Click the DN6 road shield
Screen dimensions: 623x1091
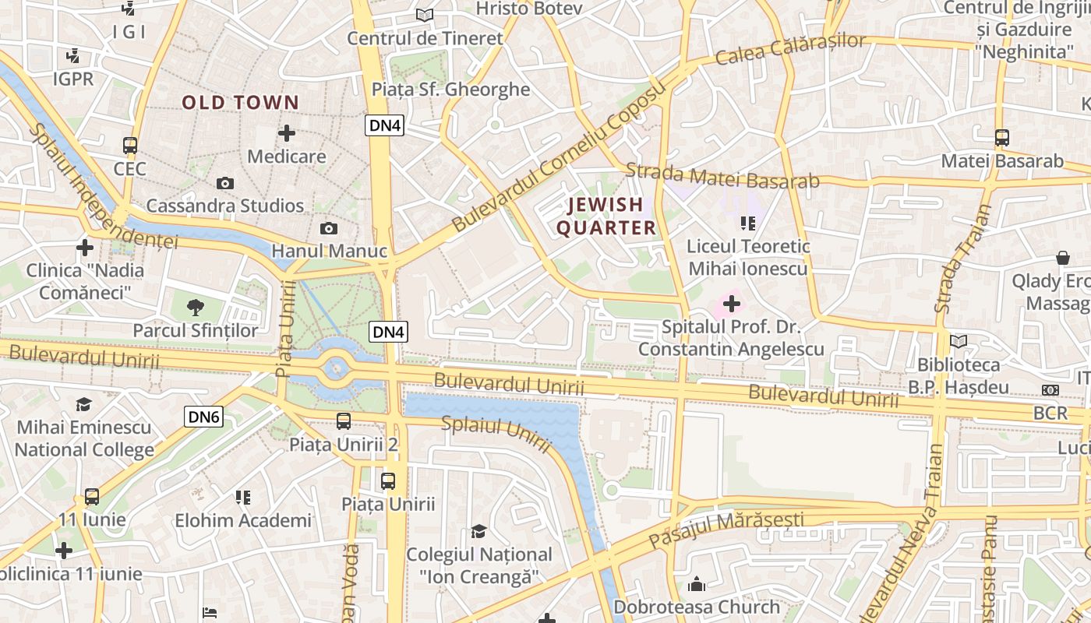click(x=204, y=417)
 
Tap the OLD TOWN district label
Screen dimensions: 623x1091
click(x=241, y=102)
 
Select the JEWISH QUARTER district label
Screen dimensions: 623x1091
click(x=611, y=216)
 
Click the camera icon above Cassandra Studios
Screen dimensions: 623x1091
click(x=225, y=183)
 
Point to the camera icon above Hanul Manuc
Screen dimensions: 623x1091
click(x=329, y=228)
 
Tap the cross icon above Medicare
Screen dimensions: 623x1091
click(x=287, y=133)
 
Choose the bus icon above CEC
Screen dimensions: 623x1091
click(x=130, y=146)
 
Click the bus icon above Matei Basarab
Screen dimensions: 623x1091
click(x=1002, y=138)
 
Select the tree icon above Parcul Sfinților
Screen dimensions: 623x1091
click(x=196, y=308)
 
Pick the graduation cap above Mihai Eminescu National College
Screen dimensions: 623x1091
click(x=84, y=404)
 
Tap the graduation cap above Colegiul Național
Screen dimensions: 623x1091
click(x=478, y=531)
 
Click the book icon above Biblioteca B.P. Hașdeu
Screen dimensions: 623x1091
click(x=959, y=341)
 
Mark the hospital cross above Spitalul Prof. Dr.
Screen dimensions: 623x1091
click(x=731, y=303)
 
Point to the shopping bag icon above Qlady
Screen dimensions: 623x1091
click(x=1062, y=258)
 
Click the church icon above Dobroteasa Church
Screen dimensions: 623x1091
click(x=696, y=583)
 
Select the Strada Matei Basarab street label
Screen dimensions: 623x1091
click(x=722, y=175)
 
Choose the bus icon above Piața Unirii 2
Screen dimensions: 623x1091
click(x=343, y=421)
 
